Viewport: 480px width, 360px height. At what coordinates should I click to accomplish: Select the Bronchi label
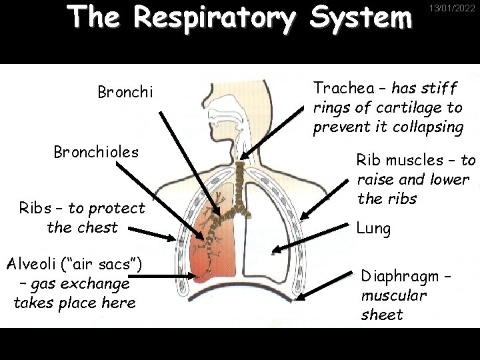125,91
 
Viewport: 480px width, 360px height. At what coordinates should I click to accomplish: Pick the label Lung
373,229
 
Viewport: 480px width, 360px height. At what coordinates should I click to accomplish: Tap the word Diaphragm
399,276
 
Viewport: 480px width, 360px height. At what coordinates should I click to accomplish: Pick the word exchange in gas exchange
96,283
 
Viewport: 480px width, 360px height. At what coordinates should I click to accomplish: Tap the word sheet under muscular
382,315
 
